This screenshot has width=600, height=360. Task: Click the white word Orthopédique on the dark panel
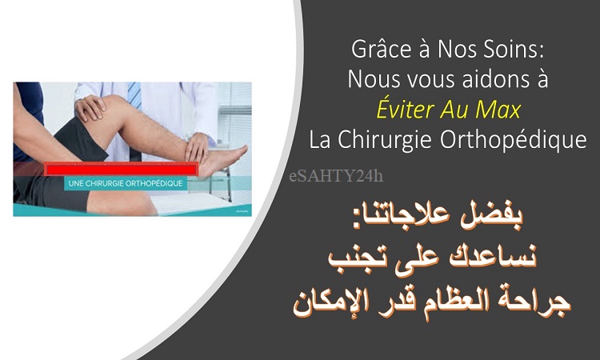pyautogui.click(x=513, y=140)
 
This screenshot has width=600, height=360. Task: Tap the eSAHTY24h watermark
pyautogui.click(x=336, y=176)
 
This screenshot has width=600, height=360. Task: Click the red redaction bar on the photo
pyautogui.click(x=122, y=169)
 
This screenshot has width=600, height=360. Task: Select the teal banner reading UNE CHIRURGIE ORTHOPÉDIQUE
pyautogui.click(x=126, y=183)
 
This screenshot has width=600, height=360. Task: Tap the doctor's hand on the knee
pyautogui.click(x=90, y=107)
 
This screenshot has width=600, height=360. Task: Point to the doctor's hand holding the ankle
pyautogui.click(x=197, y=148)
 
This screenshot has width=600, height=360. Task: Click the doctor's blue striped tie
pyautogui.click(x=134, y=96)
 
